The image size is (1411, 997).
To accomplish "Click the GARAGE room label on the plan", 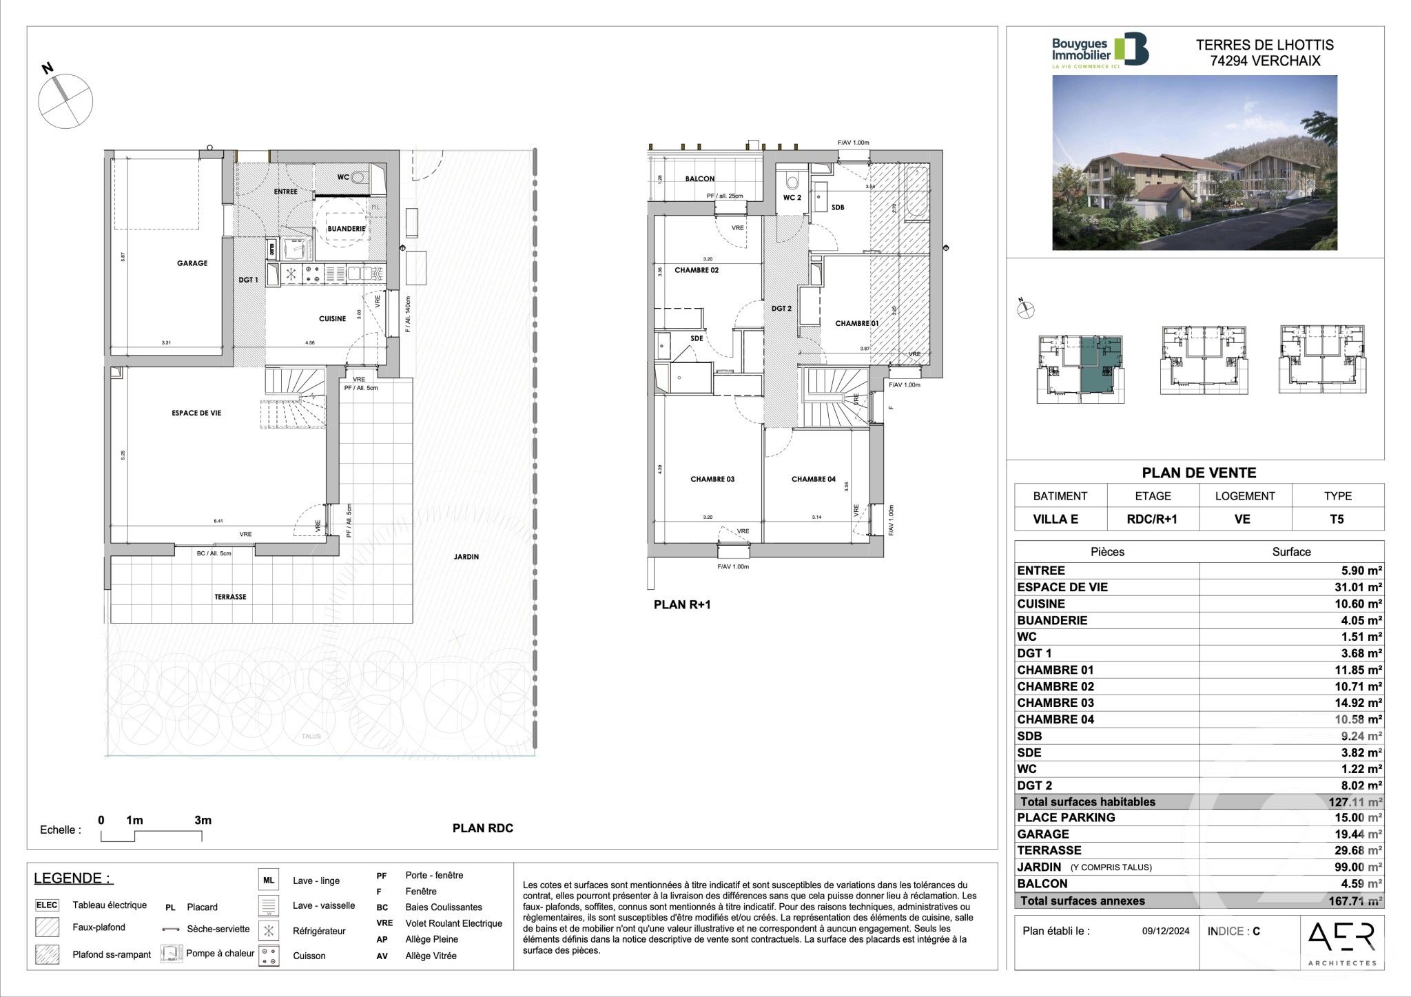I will (x=192, y=263).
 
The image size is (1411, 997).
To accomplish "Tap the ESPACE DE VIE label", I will (x=196, y=413).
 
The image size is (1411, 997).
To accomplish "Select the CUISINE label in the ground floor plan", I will (x=332, y=319).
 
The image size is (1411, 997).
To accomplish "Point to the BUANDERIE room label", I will (x=346, y=229).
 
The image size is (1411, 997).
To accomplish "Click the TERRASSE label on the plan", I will (x=230, y=597).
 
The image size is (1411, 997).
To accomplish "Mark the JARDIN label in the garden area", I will (x=466, y=557).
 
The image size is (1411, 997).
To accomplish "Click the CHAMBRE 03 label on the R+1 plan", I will (x=712, y=479).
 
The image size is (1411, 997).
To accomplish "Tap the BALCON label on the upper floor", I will (x=699, y=179).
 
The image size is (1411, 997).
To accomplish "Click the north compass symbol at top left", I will (x=65, y=100).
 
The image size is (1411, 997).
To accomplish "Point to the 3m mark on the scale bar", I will (x=203, y=821).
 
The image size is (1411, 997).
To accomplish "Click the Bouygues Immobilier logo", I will (x=1100, y=50).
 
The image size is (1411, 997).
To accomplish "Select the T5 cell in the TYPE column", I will (x=1337, y=520).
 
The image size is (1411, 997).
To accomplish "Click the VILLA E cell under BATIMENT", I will (x=1060, y=520).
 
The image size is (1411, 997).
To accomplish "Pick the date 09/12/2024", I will (x=1166, y=932).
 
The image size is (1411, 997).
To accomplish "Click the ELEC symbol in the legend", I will (x=47, y=905).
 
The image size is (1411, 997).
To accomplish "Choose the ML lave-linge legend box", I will (x=269, y=881).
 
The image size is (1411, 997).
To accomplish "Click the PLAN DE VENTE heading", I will (x=1199, y=473).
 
